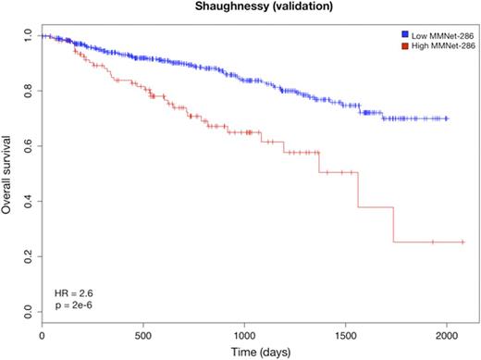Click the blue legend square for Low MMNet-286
pyautogui.click(x=392, y=32)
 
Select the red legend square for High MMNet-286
pyautogui.click(x=392, y=43)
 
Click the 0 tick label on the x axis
pyautogui.click(x=42, y=330)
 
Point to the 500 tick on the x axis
pyautogui.click(x=142, y=330)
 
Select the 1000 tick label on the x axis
pyautogui.click(x=244, y=330)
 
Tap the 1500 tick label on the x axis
pyautogui.click(x=345, y=330)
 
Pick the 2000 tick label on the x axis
pyautogui.click(x=447, y=330)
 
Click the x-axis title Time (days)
pyautogui.click(x=244, y=350)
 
